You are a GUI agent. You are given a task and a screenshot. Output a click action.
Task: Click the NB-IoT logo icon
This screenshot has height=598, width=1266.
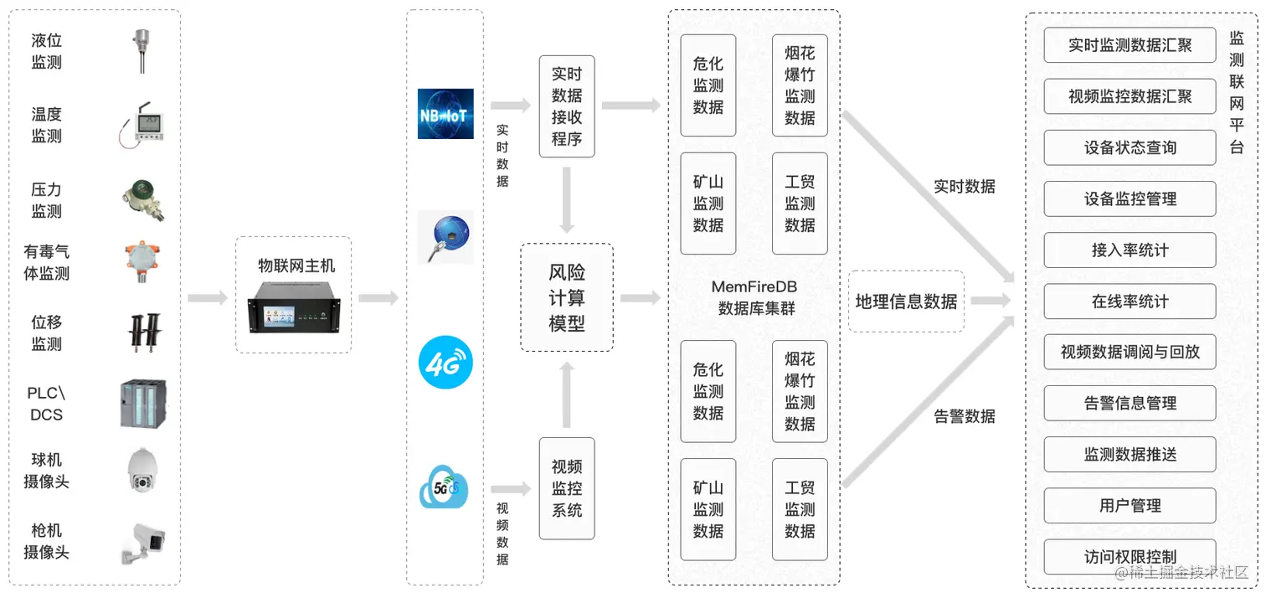[x=445, y=113]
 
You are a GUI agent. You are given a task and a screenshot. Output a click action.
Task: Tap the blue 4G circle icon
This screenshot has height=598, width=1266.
[x=445, y=363]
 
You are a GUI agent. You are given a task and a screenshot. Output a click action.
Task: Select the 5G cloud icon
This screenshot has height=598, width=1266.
[x=444, y=487]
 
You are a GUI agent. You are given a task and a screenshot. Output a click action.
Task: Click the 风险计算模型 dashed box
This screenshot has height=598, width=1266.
[x=567, y=297]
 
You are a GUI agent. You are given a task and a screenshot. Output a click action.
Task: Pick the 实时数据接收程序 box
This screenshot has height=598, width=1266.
[x=567, y=106]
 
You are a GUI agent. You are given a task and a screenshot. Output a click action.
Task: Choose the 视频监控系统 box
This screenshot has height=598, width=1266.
[x=567, y=488]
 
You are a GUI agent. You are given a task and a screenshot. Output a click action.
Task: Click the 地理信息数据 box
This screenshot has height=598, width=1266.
[x=906, y=302]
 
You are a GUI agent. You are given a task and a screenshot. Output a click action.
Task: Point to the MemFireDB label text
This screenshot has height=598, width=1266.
[x=754, y=287]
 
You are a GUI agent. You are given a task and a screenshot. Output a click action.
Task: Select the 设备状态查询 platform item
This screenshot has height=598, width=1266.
[x=1130, y=147]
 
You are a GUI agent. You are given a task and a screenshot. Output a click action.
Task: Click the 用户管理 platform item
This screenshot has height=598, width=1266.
[x=1130, y=506]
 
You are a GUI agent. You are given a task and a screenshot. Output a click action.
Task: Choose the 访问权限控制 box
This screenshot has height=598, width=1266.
[x=1130, y=557]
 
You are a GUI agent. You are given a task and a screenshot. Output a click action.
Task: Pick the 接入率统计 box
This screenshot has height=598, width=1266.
[x=1130, y=250]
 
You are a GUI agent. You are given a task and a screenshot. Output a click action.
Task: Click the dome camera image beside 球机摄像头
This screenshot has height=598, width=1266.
[x=142, y=471]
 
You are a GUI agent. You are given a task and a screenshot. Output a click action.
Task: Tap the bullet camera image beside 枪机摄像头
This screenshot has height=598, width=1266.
[x=142, y=541]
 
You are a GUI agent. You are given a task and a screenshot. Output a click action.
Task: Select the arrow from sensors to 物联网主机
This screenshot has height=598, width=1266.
[x=207, y=298]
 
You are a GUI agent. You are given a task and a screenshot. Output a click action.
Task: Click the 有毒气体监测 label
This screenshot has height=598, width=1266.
[x=47, y=262]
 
